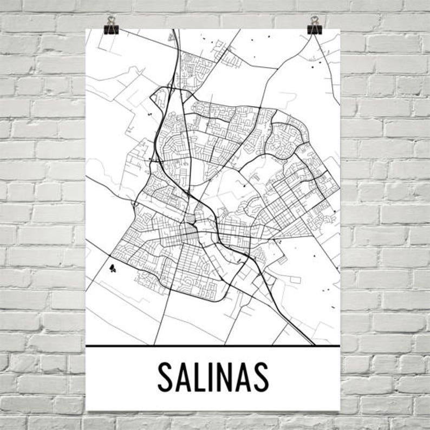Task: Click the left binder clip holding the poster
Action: [112, 29]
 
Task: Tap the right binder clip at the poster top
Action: [314, 29]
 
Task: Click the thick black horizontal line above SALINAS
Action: [213, 346]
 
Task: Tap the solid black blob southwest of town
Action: [112, 267]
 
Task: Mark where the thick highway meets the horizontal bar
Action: [313, 344]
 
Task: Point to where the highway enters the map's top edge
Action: [173, 31]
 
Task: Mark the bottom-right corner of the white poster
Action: [340, 410]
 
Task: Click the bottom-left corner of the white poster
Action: [87, 410]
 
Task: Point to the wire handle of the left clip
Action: [112, 21]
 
